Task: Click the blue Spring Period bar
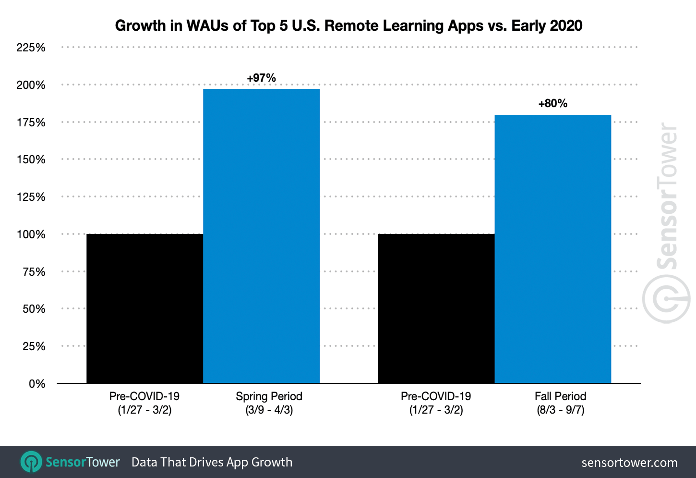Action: (261, 235)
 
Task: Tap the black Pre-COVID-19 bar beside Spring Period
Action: (144, 308)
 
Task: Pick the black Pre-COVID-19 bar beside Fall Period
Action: (436, 308)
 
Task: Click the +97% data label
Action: (261, 78)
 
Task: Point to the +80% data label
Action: (552, 103)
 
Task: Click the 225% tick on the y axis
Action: (31, 48)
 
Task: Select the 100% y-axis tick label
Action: (31, 234)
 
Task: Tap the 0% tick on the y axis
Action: (37, 384)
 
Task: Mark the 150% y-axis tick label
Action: (31, 159)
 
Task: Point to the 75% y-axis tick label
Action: (34, 272)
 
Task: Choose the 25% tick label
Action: (34, 346)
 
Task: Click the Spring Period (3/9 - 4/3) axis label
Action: (269, 403)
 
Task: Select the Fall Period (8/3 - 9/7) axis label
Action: (560, 403)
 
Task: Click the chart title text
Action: (348, 25)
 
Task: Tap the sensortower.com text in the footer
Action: (629, 463)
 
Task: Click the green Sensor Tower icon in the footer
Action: (31, 462)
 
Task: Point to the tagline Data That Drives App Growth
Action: (212, 462)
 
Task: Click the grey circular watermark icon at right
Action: (666, 299)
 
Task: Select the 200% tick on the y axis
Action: (31, 85)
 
